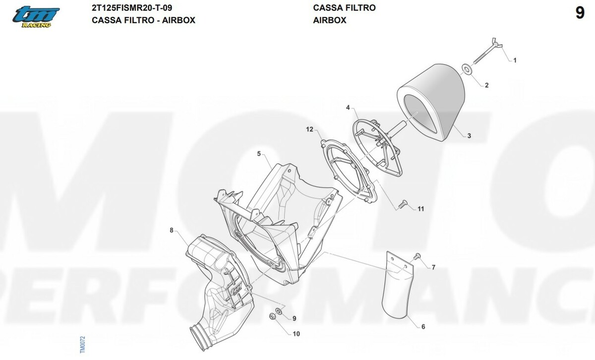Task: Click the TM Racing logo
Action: (36, 16)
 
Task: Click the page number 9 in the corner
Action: (580, 13)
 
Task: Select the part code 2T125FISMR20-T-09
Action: (132, 8)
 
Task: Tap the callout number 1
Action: (515, 60)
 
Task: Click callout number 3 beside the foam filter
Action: (469, 136)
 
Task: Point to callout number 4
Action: (348, 108)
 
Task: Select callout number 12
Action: (310, 129)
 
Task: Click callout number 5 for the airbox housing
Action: (259, 154)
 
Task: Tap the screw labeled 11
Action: (403, 204)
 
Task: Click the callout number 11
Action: (421, 209)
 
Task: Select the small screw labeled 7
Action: (417, 256)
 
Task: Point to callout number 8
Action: (172, 230)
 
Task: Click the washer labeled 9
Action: (279, 311)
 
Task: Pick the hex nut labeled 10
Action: (272, 316)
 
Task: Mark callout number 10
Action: (296, 334)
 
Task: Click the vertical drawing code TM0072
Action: (82, 345)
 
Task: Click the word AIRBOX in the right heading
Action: (330, 20)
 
